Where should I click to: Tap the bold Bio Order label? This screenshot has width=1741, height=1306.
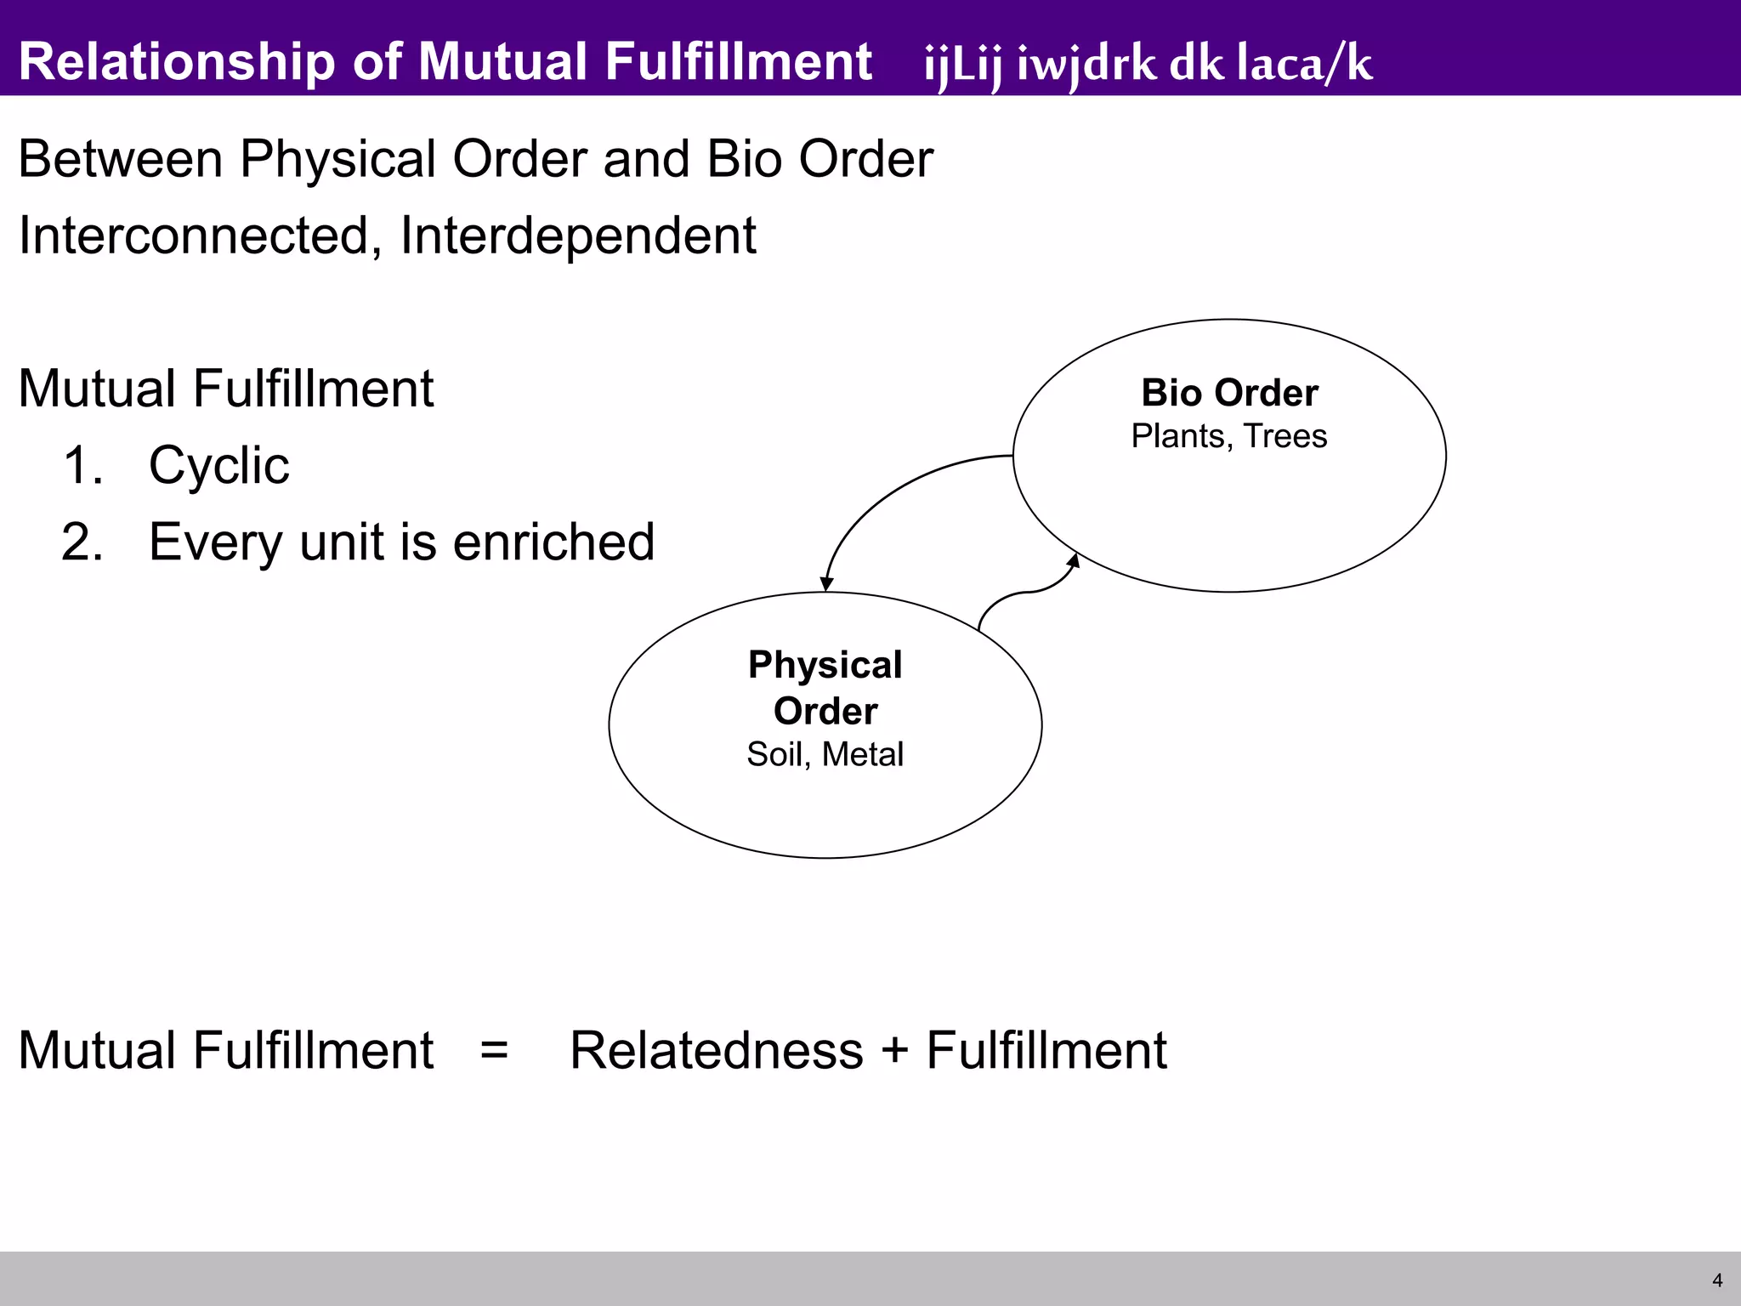pyautogui.click(x=1229, y=393)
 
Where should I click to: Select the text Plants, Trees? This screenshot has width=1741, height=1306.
pyautogui.click(x=1229, y=436)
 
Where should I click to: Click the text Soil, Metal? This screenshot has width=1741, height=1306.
pyautogui.click(x=825, y=754)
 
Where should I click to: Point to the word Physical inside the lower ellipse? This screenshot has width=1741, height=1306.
pyautogui.click(x=825, y=665)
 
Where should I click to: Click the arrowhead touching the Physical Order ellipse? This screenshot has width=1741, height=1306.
pyautogui.click(x=826, y=584)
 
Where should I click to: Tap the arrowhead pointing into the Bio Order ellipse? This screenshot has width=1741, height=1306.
pyautogui.click(x=1074, y=561)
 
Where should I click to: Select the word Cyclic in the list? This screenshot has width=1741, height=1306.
pyautogui.click(x=218, y=466)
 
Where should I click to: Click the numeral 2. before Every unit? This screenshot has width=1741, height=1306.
pyautogui.click(x=82, y=542)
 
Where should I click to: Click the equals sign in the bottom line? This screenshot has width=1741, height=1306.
pyautogui.click(x=494, y=1049)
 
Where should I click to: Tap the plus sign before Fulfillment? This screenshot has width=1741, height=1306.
pyautogui.click(x=894, y=1049)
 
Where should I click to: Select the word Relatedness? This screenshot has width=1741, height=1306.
pyautogui.click(x=717, y=1049)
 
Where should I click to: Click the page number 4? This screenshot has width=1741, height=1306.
pyautogui.click(x=1717, y=1280)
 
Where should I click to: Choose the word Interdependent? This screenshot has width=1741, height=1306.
pyautogui.click(x=577, y=236)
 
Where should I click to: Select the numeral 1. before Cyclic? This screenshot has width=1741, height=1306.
pyautogui.click(x=82, y=466)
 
